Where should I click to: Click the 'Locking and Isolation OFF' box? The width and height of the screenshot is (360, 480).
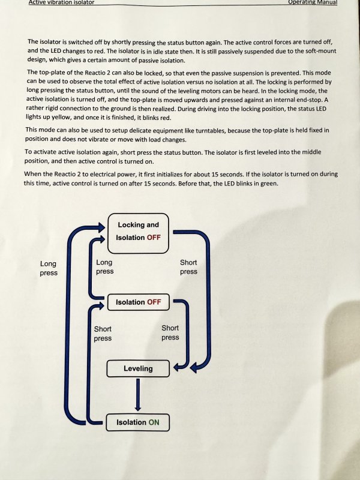pos(138,231)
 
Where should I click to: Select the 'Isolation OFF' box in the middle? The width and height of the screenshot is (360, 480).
pos(138,302)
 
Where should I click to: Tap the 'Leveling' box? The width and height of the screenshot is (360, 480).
pos(138,368)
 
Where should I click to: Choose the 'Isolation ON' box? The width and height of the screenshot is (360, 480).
pos(138,422)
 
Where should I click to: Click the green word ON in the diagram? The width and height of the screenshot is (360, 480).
pos(154,422)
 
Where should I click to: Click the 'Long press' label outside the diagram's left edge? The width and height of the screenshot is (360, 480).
pos(49,268)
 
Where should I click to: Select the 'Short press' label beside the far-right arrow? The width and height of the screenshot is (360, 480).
pos(188,267)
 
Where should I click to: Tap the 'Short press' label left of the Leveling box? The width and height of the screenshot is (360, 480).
pos(103,334)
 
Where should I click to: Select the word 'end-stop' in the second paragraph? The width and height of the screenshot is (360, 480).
pos(316,100)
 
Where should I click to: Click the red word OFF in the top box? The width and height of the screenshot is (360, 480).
pos(154,237)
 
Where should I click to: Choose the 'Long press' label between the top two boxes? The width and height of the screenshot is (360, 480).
pos(104,267)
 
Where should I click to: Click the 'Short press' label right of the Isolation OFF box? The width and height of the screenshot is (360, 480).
pos(170,332)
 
